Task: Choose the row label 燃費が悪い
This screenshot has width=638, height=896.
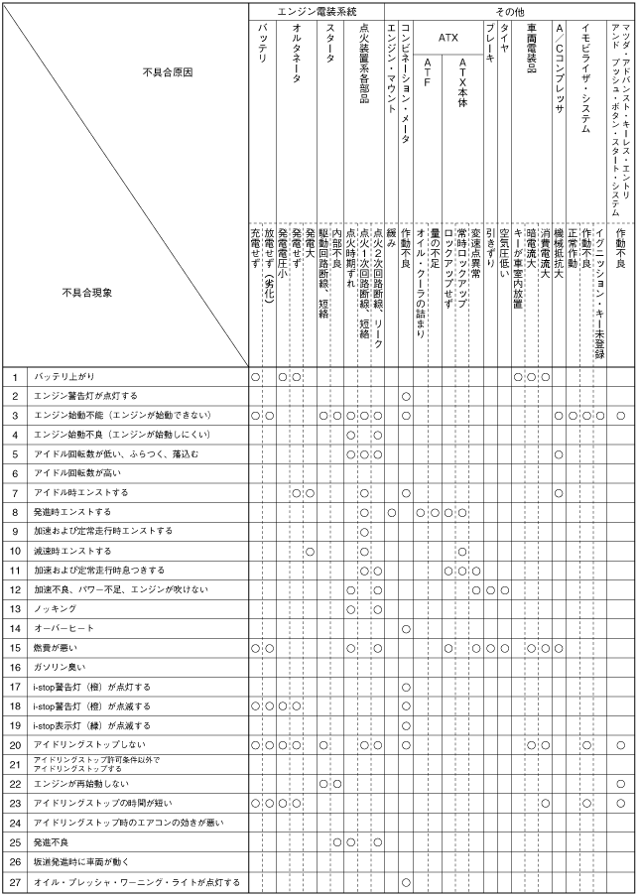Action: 58,648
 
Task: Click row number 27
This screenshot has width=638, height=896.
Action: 15,881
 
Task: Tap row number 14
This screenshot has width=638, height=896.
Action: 15,628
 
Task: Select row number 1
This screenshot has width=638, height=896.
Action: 15,377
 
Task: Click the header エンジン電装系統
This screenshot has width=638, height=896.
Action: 317,10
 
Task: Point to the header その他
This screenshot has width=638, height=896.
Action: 509,10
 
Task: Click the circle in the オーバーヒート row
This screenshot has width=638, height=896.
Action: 406,628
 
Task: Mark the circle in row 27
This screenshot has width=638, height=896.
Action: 406,881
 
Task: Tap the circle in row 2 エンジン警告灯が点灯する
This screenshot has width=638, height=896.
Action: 406,396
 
